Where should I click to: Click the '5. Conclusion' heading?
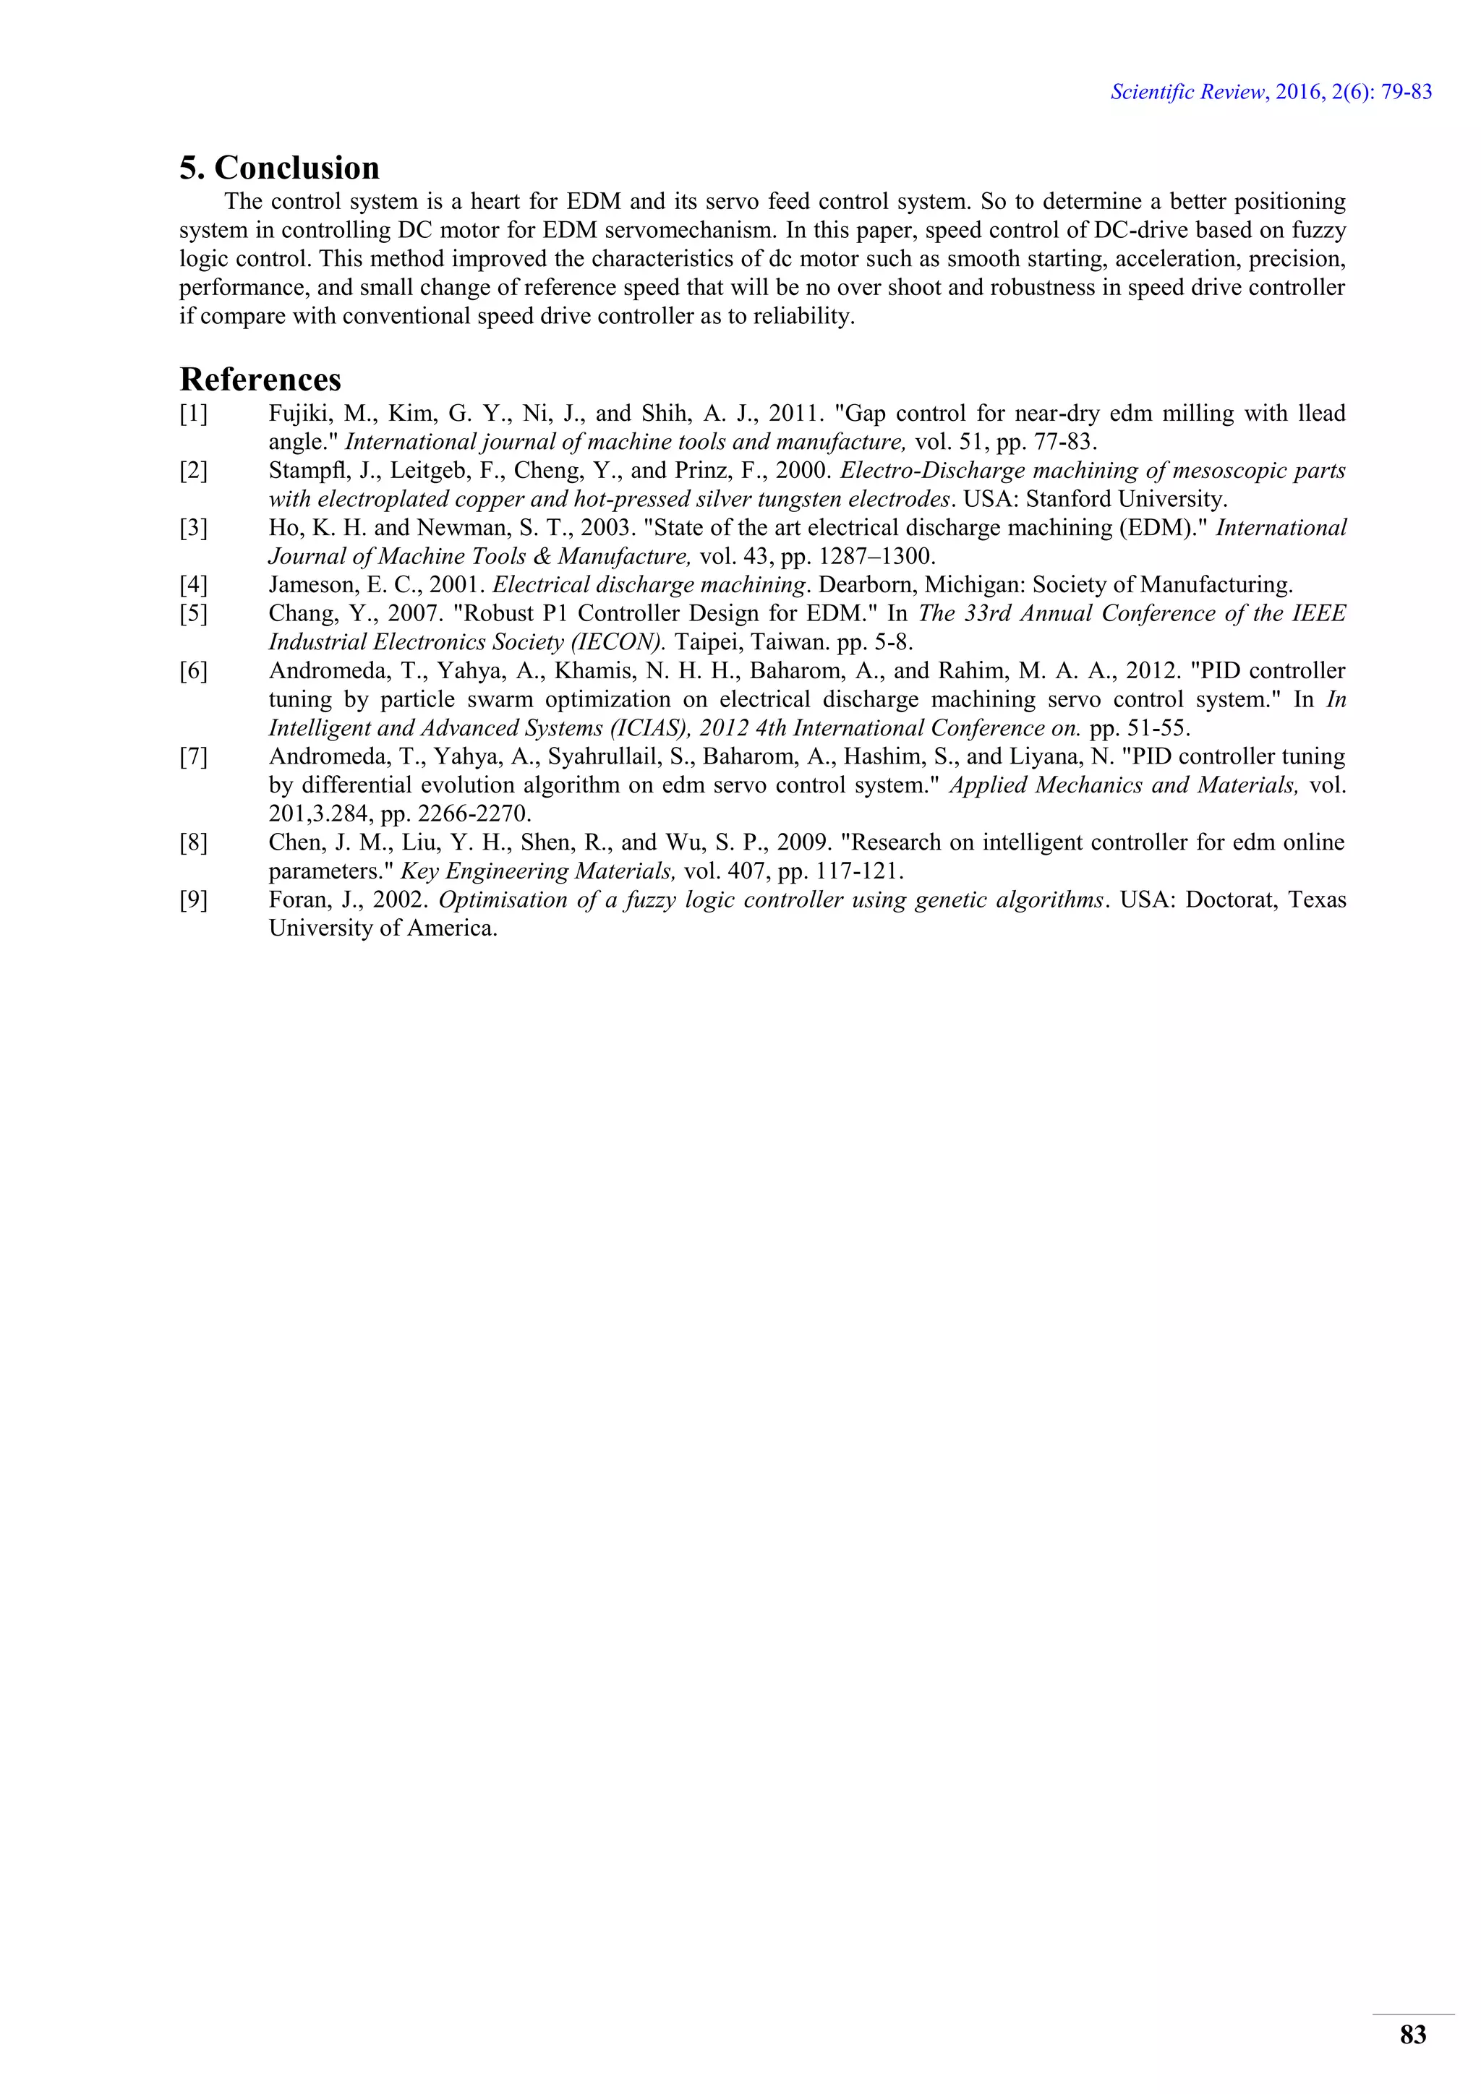tap(279, 168)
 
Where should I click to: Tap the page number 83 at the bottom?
tap(1412, 2035)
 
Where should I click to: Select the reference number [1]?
tap(193, 414)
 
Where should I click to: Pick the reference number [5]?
tap(193, 614)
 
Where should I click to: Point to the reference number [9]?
tap(193, 900)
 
